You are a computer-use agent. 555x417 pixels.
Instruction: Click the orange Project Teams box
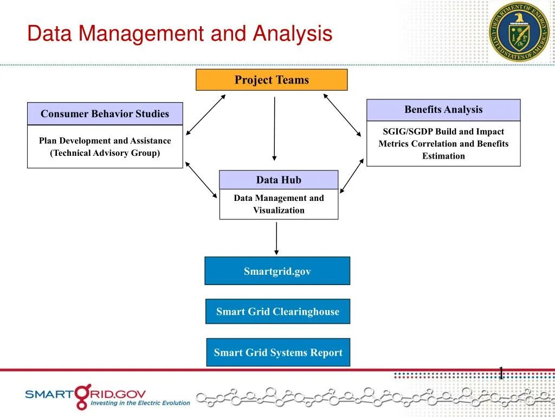coord(272,80)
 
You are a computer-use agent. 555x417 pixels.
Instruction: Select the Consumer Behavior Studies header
coord(105,113)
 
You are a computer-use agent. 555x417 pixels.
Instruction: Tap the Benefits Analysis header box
coord(443,110)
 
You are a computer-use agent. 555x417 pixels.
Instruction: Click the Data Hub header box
coord(279,180)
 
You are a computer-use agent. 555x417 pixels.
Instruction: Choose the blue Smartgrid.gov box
coord(277,271)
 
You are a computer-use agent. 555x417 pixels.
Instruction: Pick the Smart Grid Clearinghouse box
coord(277,312)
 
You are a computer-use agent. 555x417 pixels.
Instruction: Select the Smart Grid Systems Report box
coord(278,352)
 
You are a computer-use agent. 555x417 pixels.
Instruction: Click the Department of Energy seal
coord(519,31)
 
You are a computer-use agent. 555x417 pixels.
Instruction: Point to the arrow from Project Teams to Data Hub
coord(275,129)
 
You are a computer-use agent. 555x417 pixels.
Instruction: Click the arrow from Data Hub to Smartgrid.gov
coord(276,238)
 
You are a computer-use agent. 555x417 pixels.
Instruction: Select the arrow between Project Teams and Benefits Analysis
coord(342,115)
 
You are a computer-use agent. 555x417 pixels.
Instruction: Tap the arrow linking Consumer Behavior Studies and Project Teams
coord(205,115)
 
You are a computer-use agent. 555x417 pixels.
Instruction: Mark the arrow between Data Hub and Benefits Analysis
coord(352,175)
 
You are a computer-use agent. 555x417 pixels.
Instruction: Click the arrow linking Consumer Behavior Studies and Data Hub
coord(201,179)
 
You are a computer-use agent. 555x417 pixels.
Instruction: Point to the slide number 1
coord(501,373)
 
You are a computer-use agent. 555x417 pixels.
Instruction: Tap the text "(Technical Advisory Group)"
coord(105,153)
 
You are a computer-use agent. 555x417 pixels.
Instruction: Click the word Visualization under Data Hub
coord(279,210)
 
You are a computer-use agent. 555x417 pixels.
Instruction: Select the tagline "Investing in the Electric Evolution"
coord(140,403)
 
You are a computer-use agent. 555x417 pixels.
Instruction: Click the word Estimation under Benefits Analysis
coord(443,156)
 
